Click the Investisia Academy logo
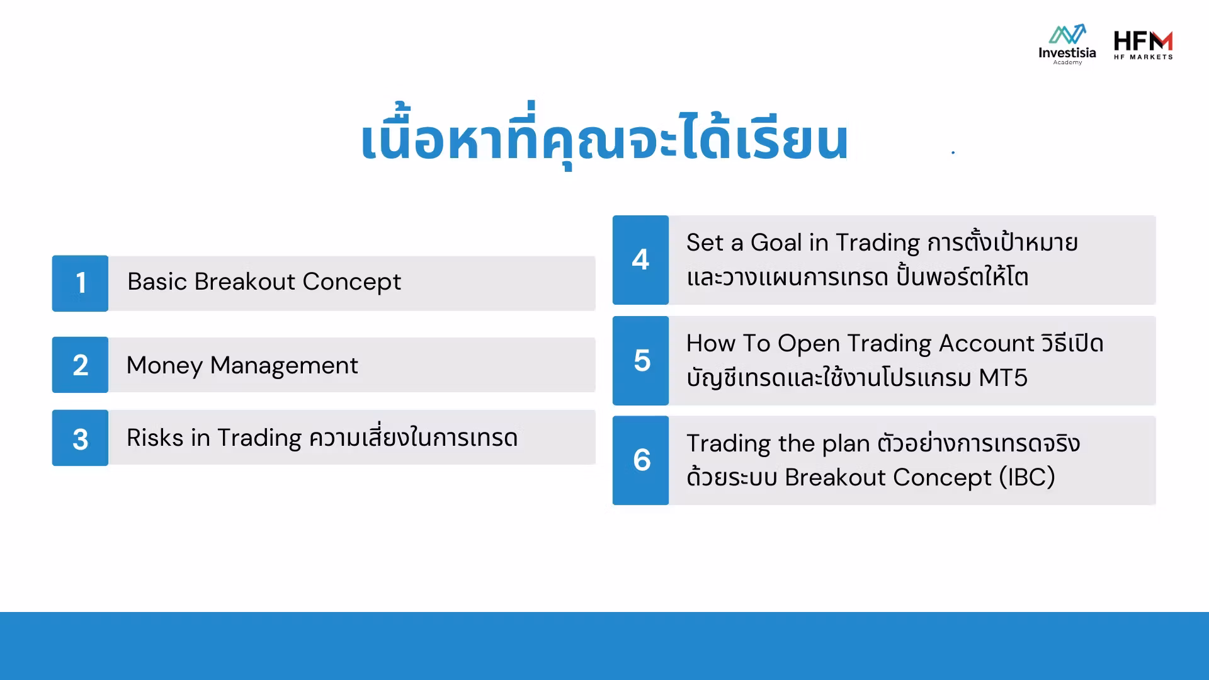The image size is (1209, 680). [x=1067, y=44]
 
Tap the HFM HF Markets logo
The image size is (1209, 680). [x=1143, y=45]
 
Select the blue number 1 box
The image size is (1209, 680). [x=80, y=283]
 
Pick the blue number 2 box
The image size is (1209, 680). [x=80, y=365]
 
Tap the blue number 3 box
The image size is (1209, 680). [x=80, y=438]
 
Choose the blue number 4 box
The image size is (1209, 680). [x=640, y=260]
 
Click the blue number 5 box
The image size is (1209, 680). [x=640, y=361]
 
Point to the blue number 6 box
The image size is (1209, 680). [x=640, y=460]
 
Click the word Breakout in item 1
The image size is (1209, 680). [x=244, y=281]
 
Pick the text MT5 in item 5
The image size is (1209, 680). [x=1003, y=378]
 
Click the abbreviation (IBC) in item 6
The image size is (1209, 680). [x=1027, y=477]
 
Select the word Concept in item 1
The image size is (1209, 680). [x=351, y=282]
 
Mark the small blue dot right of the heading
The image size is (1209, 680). [x=953, y=152]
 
